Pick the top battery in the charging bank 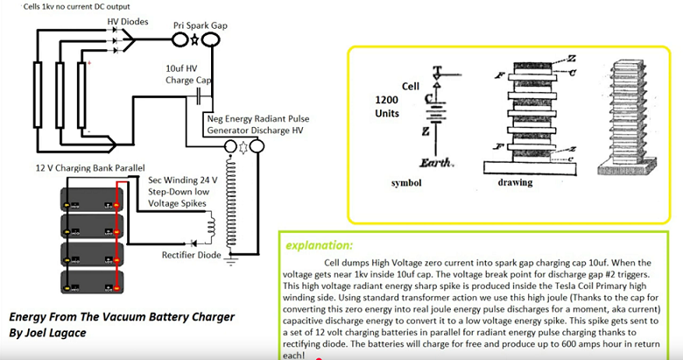pyautogui.click(x=91, y=201)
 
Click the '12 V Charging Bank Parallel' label pyautogui.click(x=78, y=167)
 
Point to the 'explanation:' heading pyautogui.click(x=319, y=246)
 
